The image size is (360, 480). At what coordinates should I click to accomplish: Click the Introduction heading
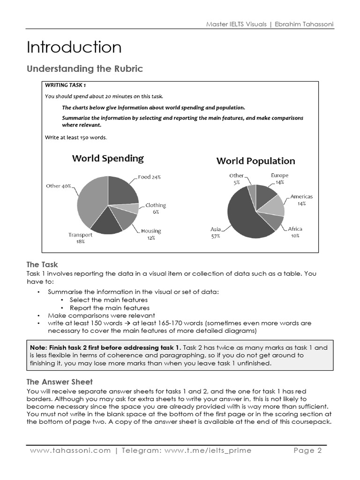74,47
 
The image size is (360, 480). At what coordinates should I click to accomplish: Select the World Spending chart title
108,158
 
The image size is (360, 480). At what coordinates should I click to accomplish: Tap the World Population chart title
255,161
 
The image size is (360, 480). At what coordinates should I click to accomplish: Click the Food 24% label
150,177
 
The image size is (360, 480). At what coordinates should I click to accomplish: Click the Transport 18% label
81,238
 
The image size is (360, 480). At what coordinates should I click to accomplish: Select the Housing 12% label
151,234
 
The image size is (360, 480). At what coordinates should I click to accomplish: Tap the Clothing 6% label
156,209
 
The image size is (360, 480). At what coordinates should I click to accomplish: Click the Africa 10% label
295,232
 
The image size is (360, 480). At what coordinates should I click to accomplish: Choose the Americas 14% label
301,200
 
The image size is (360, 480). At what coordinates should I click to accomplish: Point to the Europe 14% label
280,179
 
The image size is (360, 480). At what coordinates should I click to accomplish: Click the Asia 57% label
216,233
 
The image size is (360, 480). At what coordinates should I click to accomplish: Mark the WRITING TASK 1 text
65,85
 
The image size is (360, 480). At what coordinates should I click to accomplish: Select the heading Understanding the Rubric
84,69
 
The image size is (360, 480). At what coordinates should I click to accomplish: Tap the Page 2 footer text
307,450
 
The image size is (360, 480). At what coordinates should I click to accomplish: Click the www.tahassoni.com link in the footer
70,450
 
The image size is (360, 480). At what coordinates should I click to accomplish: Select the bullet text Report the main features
110,308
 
